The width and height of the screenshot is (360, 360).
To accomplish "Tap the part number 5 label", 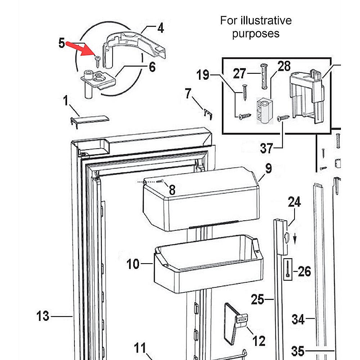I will (x=62, y=43).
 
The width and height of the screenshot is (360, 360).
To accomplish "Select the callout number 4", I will (x=160, y=28).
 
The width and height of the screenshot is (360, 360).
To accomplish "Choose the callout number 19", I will (x=203, y=75).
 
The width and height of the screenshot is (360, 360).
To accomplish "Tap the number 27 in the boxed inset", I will (x=239, y=74).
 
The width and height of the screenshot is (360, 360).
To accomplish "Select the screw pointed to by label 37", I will (x=283, y=117).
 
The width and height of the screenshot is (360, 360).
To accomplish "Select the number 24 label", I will (x=294, y=202).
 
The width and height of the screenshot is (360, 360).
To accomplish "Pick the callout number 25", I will (x=258, y=299).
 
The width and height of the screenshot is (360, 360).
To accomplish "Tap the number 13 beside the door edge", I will (x=43, y=316).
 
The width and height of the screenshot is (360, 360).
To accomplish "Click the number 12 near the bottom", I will (x=259, y=341).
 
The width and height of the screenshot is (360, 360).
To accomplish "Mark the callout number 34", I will (x=298, y=319).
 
